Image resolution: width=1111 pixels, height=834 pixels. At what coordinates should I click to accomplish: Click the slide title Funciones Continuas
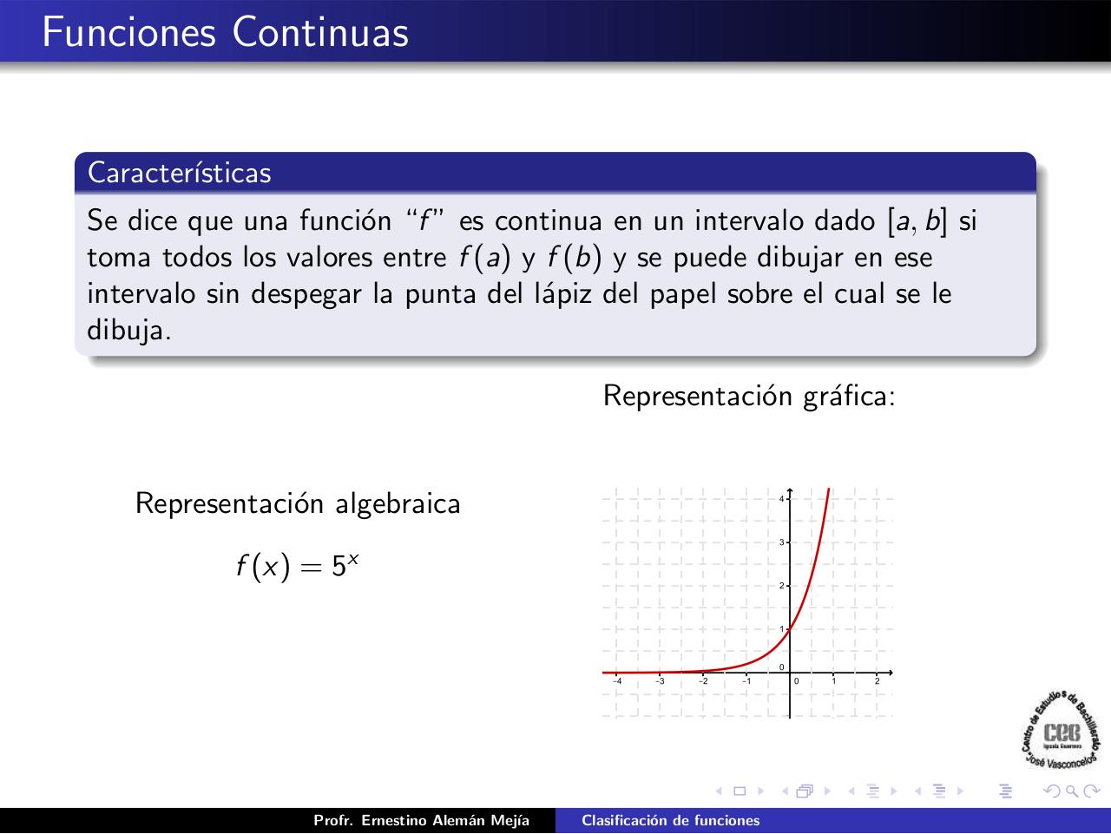225,32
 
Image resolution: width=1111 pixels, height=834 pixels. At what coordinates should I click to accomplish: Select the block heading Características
180,173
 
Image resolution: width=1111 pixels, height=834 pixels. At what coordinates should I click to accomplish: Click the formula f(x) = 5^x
297,566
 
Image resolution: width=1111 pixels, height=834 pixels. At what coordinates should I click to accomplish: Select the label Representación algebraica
298,503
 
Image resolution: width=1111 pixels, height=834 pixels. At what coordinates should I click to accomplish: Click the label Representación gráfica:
748,396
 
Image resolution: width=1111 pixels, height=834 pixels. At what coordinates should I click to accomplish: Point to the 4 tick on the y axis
782,499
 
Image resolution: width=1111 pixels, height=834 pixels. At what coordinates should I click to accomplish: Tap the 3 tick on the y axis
782,542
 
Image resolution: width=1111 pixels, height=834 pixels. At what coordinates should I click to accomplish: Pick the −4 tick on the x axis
616,680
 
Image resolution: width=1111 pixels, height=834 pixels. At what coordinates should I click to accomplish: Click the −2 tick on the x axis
703,680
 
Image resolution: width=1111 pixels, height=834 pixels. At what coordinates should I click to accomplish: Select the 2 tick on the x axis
877,680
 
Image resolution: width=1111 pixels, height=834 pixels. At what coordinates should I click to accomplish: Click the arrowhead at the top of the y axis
790,491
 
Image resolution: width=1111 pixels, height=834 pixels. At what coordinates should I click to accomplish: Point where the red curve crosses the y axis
790,629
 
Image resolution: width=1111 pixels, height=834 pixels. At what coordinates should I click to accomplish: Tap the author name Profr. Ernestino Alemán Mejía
421,821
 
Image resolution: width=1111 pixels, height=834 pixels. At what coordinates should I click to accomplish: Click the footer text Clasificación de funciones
670,821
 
